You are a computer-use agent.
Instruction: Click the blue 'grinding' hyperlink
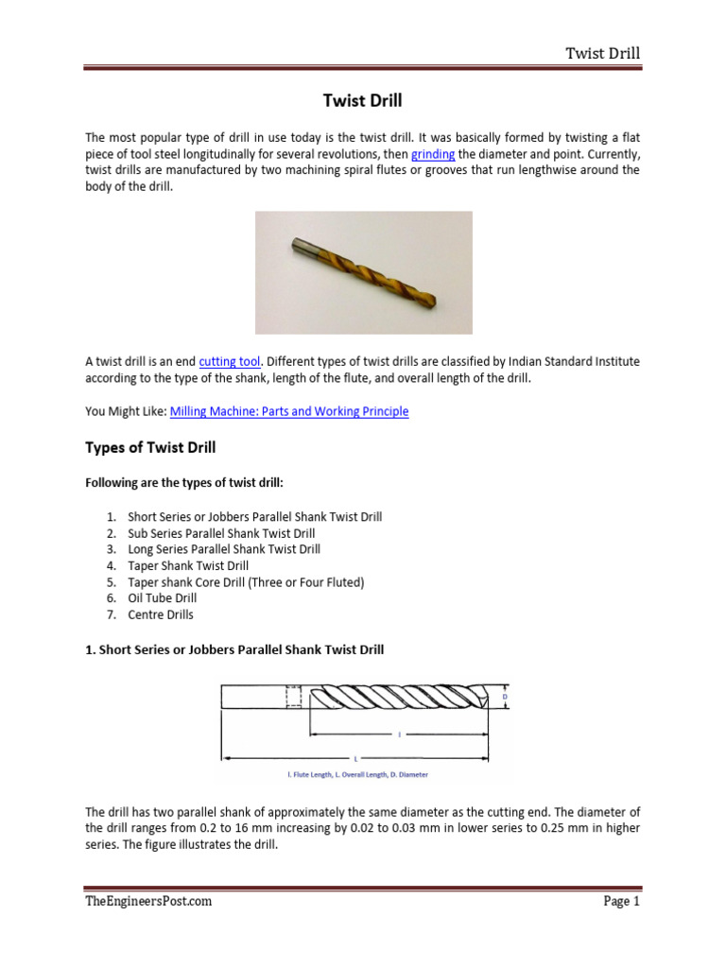(x=433, y=153)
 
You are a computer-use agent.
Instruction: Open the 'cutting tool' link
(x=229, y=361)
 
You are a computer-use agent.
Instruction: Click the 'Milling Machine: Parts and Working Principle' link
(x=289, y=412)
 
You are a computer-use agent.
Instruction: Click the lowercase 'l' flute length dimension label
(x=399, y=734)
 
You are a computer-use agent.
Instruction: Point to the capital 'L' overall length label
(x=355, y=758)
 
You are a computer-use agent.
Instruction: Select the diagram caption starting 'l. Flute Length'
(x=357, y=774)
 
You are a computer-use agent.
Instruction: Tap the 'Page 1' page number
(x=621, y=901)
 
